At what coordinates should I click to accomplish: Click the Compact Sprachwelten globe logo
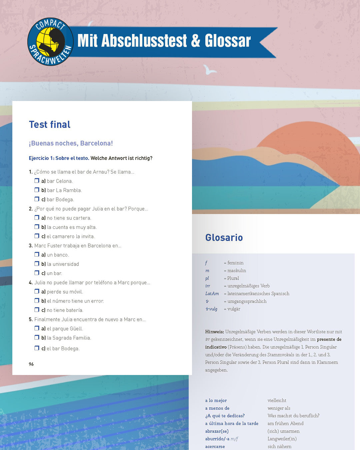(50, 42)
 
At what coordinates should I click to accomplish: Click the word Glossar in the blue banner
(228, 41)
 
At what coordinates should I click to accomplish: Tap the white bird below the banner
(210, 69)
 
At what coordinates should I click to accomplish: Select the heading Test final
(50, 124)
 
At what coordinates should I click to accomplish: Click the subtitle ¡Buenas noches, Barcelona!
(71, 143)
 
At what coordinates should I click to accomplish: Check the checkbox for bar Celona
(37, 181)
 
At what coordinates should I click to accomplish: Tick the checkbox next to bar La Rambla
(37, 190)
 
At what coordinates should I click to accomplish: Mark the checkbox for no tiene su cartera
(37, 218)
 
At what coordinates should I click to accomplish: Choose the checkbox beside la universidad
(37, 264)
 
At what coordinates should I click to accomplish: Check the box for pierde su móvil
(37, 291)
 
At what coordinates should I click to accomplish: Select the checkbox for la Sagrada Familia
(37, 338)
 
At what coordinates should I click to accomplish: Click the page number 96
(31, 364)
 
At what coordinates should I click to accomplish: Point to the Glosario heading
(224, 238)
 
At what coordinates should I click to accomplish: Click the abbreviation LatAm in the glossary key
(212, 294)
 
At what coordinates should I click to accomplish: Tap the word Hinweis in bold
(214, 332)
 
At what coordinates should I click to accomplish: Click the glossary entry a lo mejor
(216, 400)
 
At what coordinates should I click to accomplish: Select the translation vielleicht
(277, 400)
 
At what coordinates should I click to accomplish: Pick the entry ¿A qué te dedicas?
(225, 416)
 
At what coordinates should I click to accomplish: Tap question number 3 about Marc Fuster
(77, 246)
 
